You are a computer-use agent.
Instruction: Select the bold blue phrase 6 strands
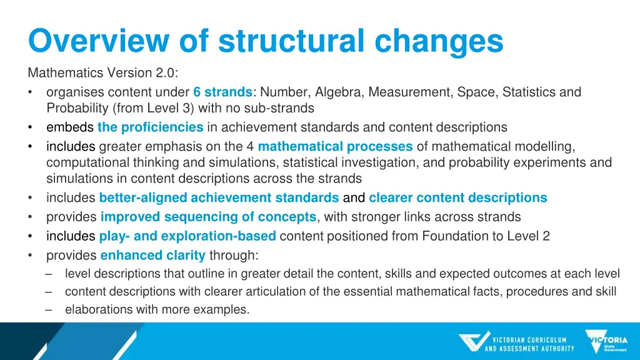[222, 92]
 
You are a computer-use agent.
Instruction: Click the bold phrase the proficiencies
[150, 127]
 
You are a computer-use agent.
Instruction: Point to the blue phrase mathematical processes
[335, 147]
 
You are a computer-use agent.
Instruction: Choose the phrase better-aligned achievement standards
[219, 198]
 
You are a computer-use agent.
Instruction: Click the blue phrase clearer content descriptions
[457, 198]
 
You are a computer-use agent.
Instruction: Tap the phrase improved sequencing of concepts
[208, 217]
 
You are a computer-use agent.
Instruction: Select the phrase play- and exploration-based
[187, 236]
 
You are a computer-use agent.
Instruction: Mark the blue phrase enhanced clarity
[152, 255]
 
